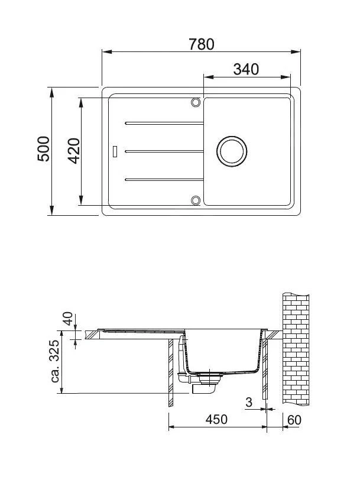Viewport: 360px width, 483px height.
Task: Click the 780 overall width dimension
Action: click(x=201, y=44)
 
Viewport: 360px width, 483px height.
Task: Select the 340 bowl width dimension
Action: click(x=246, y=69)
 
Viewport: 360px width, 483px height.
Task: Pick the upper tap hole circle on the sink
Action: click(x=195, y=102)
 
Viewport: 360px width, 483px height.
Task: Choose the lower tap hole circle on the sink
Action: click(x=195, y=200)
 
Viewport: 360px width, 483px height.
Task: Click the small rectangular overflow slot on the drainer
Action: click(x=115, y=151)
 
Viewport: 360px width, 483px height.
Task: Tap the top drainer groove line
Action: click(x=163, y=123)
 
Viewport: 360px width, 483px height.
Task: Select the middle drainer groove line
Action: click(x=163, y=151)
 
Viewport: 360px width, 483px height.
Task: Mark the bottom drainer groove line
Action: click(x=163, y=179)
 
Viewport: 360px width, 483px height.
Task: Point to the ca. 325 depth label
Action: click(x=56, y=361)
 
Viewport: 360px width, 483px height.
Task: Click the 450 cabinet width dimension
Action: click(x=216, y=420)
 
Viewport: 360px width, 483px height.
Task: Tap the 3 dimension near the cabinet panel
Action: click(x=249, y=403)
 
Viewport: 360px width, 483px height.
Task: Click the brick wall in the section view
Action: click(x=296, y=349)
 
